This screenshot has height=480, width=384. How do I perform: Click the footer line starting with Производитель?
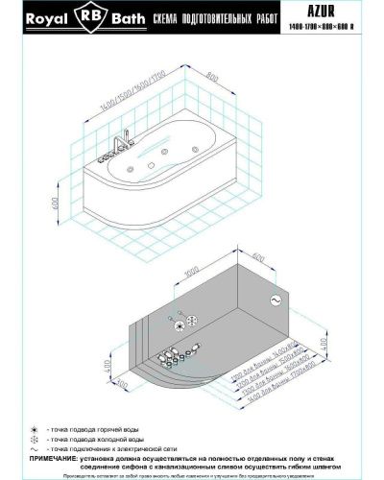[x=192, y=473]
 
